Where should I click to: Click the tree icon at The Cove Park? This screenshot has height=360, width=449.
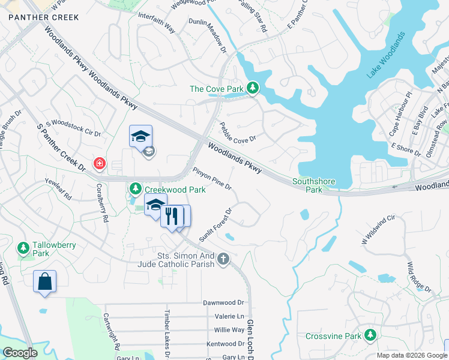tap(253, 89)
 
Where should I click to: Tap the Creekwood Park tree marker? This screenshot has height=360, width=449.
tap(135, 189)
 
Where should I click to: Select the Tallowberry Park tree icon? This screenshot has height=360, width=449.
tap(23, 247)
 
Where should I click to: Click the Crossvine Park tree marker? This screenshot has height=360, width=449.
tap(371, 335)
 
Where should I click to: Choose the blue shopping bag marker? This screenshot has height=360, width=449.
tap(45, 281)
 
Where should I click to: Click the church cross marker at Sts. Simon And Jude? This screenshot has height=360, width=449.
tap(223, 259)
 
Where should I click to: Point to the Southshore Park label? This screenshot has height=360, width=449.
tap(313, 185)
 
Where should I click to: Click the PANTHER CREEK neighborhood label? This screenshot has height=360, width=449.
tap(43, 17)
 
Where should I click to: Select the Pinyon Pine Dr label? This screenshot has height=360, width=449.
tap(212, 178)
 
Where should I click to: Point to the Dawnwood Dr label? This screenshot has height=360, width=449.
tap(224, 303)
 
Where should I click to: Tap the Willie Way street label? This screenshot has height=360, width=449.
tap(229, 330)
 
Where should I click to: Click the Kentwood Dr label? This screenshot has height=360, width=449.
tap(225, 344)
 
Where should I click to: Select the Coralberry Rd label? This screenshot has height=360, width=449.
tap(101, 203)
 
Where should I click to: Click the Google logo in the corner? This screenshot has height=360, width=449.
tap(20, 353)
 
